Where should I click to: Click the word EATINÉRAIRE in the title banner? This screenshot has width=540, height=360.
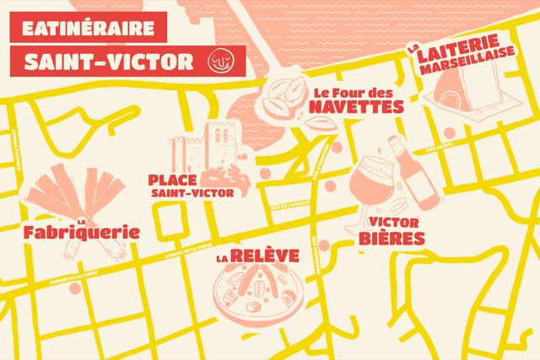click(88, 27)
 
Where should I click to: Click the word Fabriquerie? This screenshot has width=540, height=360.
click(81, 232)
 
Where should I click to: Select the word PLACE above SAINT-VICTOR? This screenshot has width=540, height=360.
click(172, 180)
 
